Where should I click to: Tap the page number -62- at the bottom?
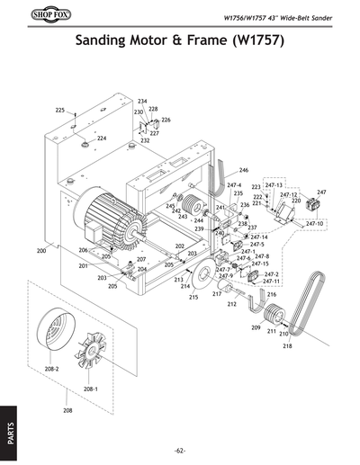coord(180,450)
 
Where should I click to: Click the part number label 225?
coord(60,110)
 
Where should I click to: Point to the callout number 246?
coord(243,170)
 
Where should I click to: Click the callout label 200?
coord(40,251)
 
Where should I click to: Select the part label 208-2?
coord(51,369)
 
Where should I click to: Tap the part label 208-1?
coord(90,389)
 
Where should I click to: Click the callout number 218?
coord(287,345)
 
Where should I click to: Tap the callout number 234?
coord(142,101)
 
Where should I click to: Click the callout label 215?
coord(193,297)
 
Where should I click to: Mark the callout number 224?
coord(102,139)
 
